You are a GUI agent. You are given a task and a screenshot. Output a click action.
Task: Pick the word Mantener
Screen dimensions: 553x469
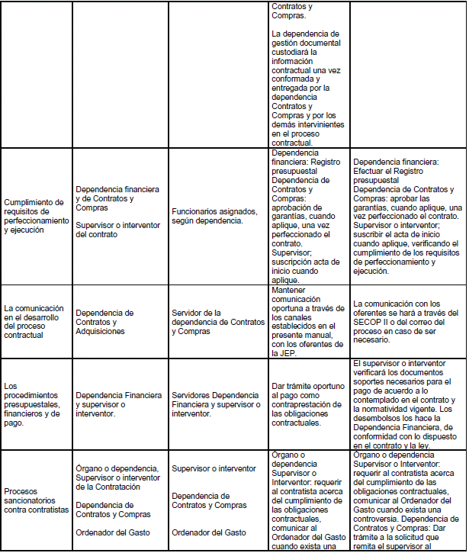pos(293,290)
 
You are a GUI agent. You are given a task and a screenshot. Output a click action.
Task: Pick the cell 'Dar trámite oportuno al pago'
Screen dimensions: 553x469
pos(307,404)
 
